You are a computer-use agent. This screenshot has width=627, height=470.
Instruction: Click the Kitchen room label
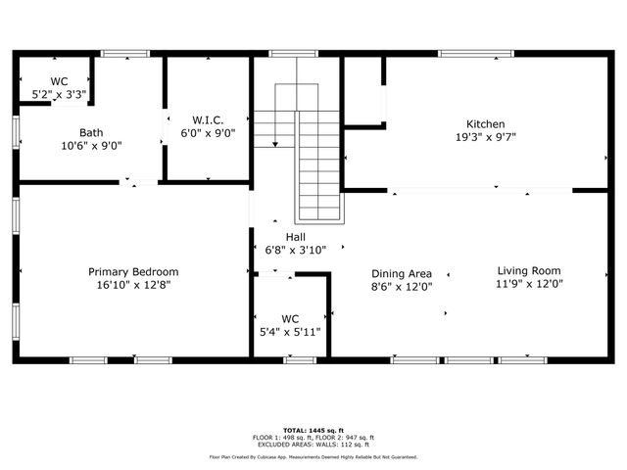485,124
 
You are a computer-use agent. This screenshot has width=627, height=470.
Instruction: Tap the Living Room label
529,271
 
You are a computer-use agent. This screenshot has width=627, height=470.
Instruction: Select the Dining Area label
402,274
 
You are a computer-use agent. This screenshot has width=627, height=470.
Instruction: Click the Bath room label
91,132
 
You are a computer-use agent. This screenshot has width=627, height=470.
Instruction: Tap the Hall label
295,237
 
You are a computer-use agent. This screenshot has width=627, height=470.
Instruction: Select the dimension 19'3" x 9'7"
485,137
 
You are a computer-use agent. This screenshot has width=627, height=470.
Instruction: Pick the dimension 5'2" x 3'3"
59,95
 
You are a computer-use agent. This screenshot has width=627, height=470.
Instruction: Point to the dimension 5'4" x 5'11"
289,332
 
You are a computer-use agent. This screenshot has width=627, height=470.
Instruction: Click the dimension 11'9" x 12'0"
529,284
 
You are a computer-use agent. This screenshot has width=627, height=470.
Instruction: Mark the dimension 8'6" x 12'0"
402,287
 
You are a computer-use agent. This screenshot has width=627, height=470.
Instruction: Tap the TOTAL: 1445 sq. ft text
313,430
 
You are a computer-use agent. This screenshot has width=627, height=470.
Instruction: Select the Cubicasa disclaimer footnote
313,456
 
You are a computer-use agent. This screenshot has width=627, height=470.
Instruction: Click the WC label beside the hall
289,319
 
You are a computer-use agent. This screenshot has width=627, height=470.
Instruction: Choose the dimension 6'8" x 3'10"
295,250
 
